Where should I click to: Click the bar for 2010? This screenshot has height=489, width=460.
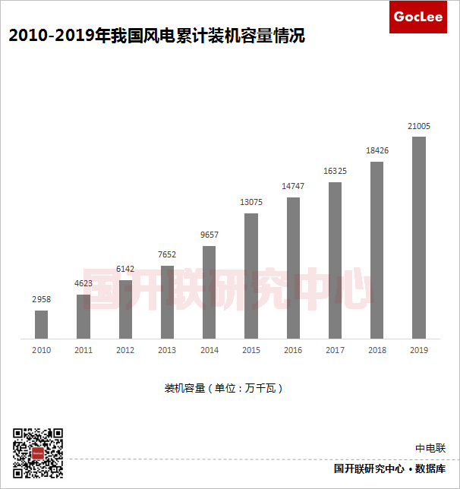pos(42,324)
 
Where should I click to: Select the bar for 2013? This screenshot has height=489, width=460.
pos(168,301)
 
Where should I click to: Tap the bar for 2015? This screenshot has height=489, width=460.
pos(251,276)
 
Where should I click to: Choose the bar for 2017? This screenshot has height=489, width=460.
pos(335,260)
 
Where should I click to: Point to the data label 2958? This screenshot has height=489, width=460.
pos(42,300)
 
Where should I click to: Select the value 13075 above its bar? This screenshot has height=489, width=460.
pos(251,203)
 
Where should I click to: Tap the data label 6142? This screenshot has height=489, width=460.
pos(125,270)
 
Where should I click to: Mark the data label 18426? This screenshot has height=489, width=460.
pos(377,151)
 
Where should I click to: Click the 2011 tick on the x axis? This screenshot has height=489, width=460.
pos(83,350)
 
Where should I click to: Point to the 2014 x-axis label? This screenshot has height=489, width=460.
pos(210,350)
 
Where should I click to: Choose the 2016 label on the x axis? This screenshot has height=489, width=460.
pos(293,350)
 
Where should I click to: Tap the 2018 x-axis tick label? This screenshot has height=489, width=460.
pos(377,350)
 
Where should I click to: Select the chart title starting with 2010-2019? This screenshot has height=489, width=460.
pos(156,36)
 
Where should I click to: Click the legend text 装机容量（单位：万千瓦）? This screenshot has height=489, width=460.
pos(224,388)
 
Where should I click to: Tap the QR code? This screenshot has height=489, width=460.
pos(38,453)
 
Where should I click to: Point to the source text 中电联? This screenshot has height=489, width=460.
pos(430,449)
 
